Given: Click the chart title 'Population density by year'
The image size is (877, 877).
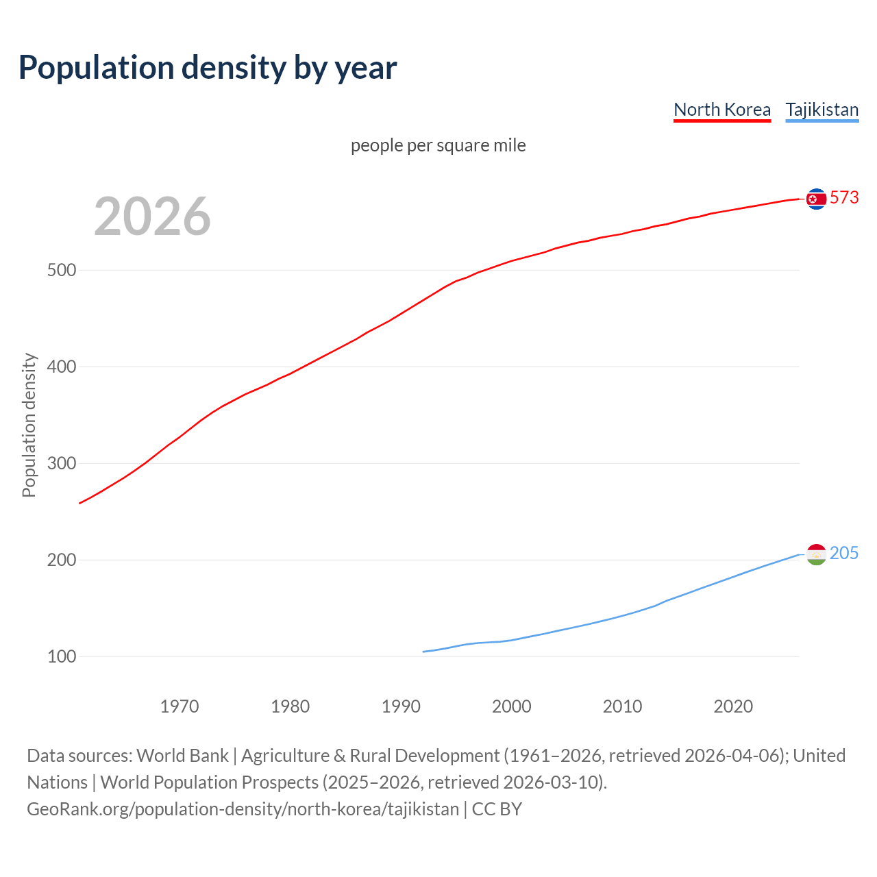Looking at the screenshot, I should point(208,67).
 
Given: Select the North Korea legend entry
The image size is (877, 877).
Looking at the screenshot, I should point(722,110).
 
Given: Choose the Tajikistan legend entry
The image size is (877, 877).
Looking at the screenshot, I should point(822,110).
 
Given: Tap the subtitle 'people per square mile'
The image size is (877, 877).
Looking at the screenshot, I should point(438,145).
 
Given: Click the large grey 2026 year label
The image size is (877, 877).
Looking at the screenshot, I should point(152,217).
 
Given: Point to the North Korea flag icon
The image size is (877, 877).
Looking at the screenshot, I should point(816,199).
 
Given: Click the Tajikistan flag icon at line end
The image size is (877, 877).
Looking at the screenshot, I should point(816,554).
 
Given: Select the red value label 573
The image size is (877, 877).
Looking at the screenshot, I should point(844,197).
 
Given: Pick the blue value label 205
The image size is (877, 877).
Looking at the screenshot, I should point(844,553).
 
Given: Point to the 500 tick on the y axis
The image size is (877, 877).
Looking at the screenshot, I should point(62,270).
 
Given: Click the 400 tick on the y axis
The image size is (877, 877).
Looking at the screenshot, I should point(62,367).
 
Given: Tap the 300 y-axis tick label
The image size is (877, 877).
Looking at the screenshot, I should point(62,463).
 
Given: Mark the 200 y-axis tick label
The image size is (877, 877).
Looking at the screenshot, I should point(62,560).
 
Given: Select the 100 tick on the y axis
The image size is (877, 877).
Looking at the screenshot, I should point(62,656).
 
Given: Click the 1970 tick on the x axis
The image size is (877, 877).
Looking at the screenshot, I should point(180,706).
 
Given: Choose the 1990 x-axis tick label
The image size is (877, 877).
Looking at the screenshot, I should point(401,706).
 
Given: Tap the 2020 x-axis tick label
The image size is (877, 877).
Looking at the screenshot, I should point(733,706).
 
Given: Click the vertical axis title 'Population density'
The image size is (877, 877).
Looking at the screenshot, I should point(29,425).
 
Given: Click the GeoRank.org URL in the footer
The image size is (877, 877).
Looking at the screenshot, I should point(243,809).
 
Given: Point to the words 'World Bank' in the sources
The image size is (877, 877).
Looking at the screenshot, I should point(182,756).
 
